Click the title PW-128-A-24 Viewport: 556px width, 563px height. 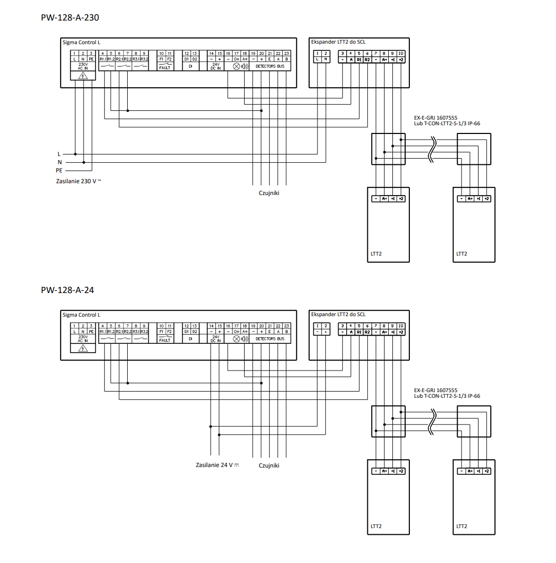pos(67,290)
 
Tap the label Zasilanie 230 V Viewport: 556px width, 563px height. pos(78,181)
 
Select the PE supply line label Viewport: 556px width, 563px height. pos(59,169)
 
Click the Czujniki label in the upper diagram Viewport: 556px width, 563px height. pos(269,193)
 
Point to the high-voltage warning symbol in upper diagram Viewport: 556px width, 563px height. pos(83,76)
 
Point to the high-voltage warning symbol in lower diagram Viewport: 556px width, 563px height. pos(83,348)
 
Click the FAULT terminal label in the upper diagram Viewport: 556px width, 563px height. pos(165,67)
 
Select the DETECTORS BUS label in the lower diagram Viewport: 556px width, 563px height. pos(270,339)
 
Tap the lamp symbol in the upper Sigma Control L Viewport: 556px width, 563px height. pos(236,66)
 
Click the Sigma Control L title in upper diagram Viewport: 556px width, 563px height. pos(82,42)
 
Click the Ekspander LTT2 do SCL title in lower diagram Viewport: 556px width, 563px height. pos(338,314)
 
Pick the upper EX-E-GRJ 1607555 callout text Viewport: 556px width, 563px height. pos(435,118)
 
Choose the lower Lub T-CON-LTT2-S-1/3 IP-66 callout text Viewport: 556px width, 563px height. pos(447,396)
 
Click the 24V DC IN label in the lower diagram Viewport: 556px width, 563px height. pos(215,339)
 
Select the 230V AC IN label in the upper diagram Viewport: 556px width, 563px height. pos(83,67)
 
